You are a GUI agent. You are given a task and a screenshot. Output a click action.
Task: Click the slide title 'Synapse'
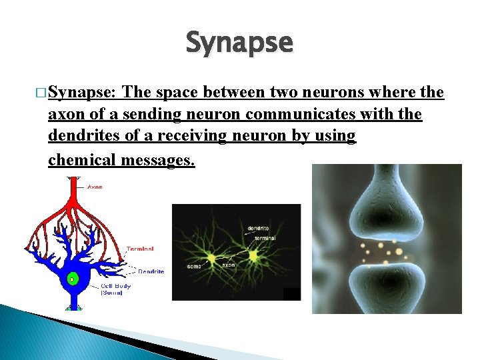pyautogui.click(x=239, y=43)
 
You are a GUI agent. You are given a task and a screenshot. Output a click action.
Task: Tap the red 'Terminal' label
pyautogui.click(x=140, y=249)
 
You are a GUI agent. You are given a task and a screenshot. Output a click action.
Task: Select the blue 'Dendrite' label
pyautogui.click(x=151, y=271)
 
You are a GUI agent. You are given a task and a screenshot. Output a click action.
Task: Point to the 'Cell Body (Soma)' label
pyautogui.click(x=115, y=289)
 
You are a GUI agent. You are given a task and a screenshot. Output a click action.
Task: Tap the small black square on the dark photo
pyautogui.click(x=291, y=294)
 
